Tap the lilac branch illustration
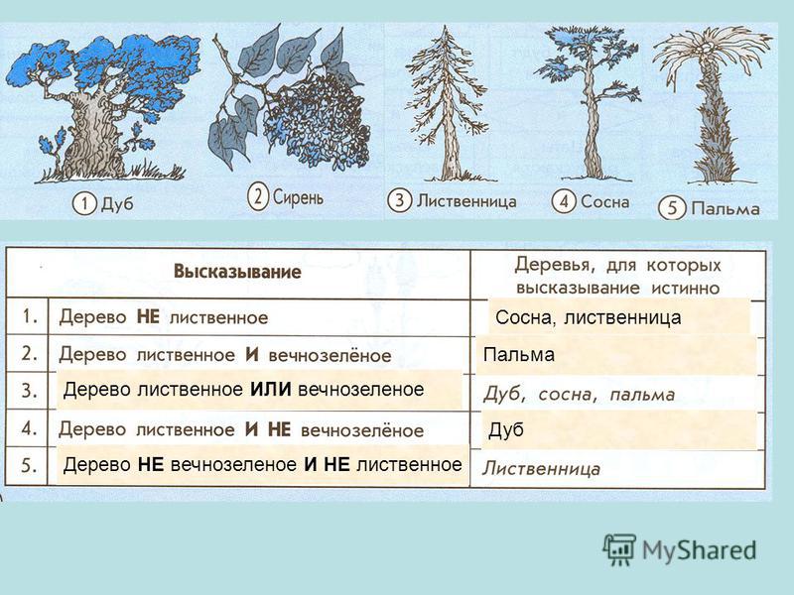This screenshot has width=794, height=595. click(289, 98)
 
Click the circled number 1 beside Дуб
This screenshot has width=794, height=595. click(84, 204)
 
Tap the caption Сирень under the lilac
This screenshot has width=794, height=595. click(299, 196)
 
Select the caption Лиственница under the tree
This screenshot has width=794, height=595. click(466, 201)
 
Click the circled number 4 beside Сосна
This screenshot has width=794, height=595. click(564, 201)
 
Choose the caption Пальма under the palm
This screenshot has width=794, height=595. click(726, 208)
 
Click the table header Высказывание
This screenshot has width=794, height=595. click(237, 272)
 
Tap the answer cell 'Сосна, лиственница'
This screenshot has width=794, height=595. click(588, 317)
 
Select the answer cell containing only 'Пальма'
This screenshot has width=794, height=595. click(518, 355)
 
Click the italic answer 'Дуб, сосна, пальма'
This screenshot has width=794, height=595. click(579, 395)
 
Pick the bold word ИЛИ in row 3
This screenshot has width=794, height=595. click(270, 390)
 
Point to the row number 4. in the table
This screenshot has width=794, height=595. click(30, 428)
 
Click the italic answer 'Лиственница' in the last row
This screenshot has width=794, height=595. click(541, 468)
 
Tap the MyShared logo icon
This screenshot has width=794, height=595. click(618, 549)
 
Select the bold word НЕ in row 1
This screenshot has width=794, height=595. click(148, 317)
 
